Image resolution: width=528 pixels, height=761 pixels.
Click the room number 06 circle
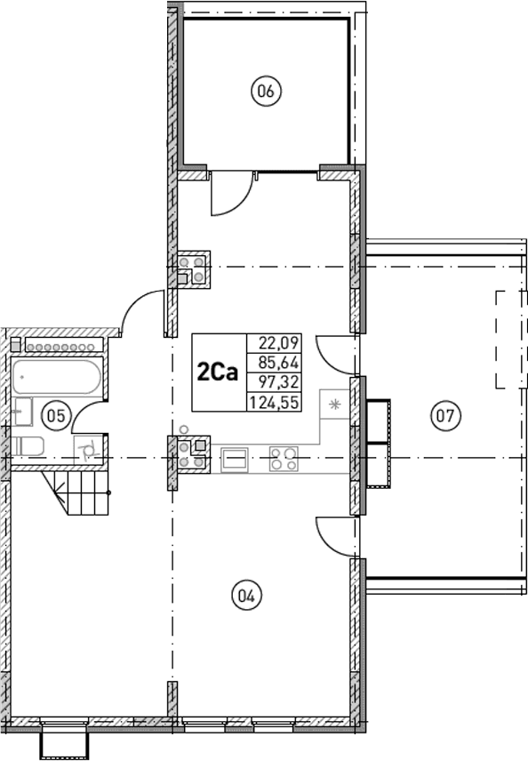266,91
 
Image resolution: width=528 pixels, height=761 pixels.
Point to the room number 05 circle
56,413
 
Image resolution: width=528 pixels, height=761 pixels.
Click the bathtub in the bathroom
56,378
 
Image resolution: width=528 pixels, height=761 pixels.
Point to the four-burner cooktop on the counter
284,458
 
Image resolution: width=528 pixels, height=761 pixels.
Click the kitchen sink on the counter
236,459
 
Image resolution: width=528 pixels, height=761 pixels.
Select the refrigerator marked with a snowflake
335,405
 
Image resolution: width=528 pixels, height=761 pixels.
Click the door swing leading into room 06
229,194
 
